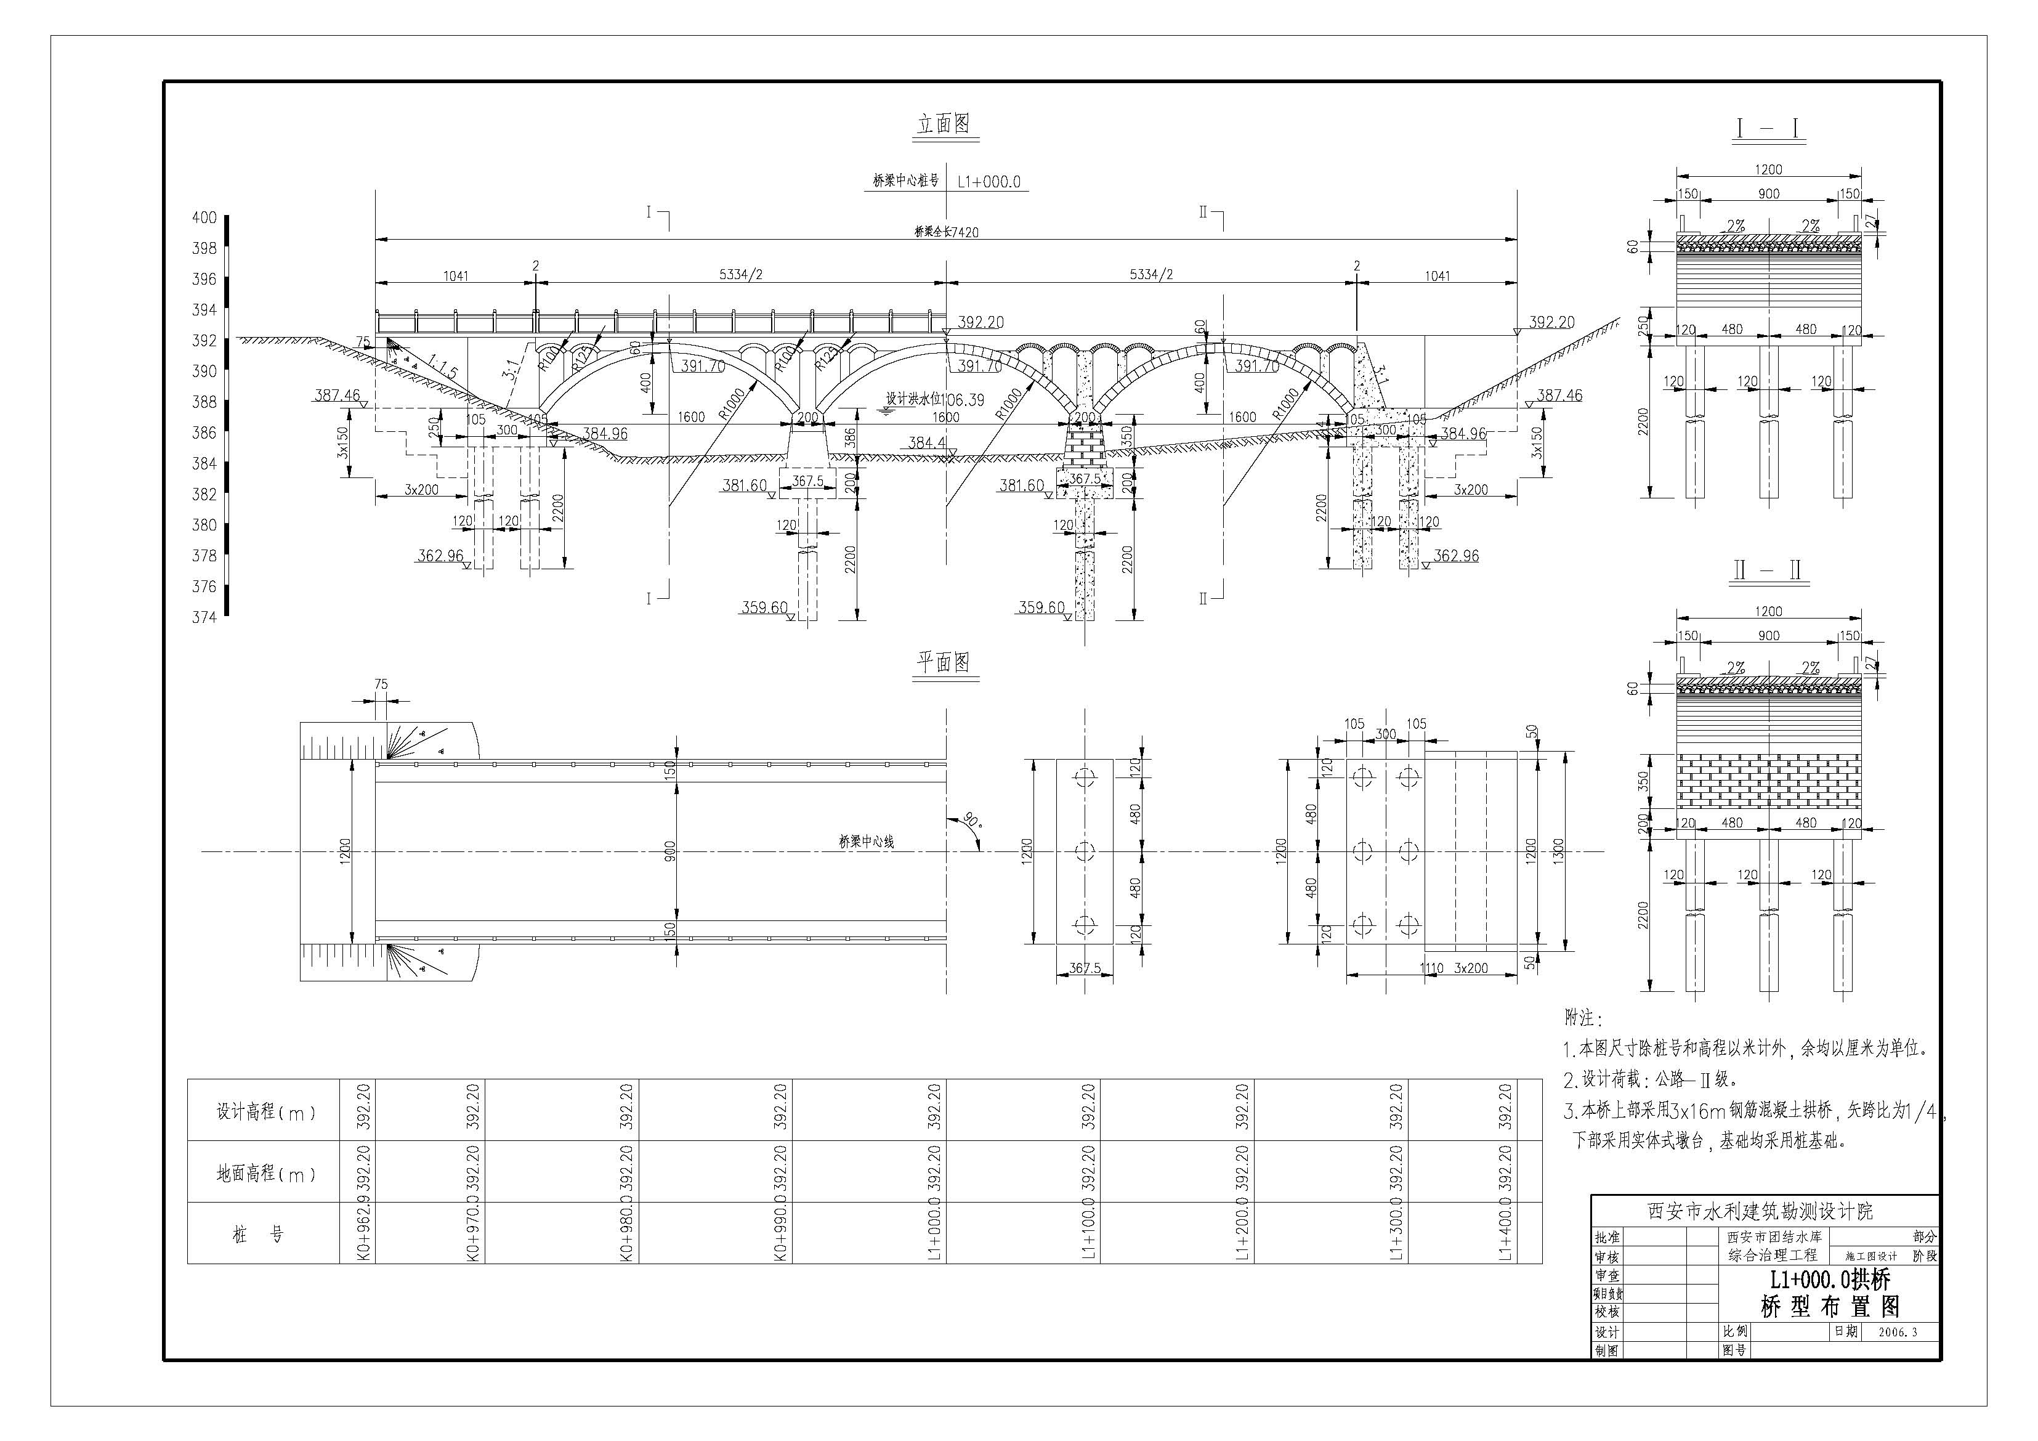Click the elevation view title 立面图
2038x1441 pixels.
point(944,124)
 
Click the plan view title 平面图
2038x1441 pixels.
point(944,662)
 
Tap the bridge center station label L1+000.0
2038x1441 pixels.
point(989,182)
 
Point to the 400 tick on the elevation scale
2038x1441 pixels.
point(205,217)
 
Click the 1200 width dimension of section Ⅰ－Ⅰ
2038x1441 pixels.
point(1769,169)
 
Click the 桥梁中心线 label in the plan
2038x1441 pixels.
point(867,842)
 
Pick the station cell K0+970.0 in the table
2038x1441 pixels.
point(473,1233)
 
